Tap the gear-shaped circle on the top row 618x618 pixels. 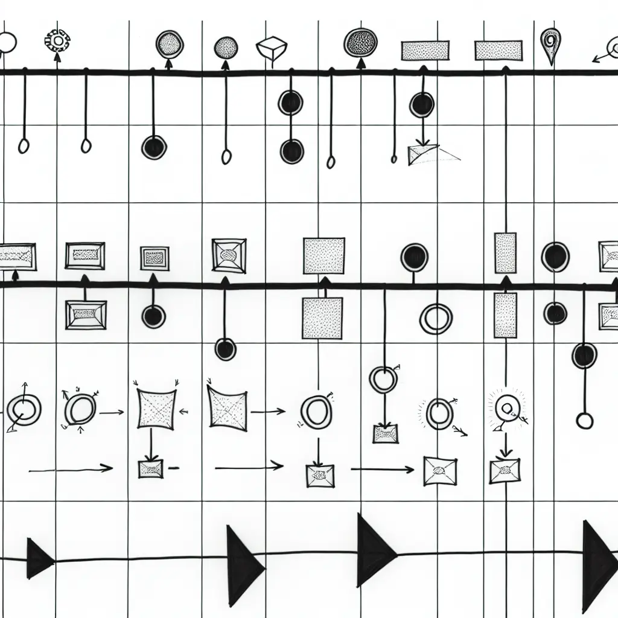click(x=57, y=41)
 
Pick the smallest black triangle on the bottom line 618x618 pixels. click(x=39, y=558)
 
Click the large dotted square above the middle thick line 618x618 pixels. click(x=324, y=256)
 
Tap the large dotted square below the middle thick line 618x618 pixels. click(x=322, y=318)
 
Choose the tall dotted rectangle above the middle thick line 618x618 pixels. click(x=505, y=253)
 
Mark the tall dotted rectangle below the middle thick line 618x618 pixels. click(x=505, y=315)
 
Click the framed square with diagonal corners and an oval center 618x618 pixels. click(x=229, y=255)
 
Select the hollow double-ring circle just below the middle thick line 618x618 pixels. click(x=436, y=318)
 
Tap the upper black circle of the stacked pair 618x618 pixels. click(x=291, y=103)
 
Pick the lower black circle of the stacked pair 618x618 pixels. click(x=292, y=151)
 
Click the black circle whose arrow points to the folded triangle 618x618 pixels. click(x=422, y=105)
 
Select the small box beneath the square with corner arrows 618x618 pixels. click(x=151, y=468)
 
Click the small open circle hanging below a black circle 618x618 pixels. click(x=584, y=421)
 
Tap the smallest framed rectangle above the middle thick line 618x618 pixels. click(x=155, y=258)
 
